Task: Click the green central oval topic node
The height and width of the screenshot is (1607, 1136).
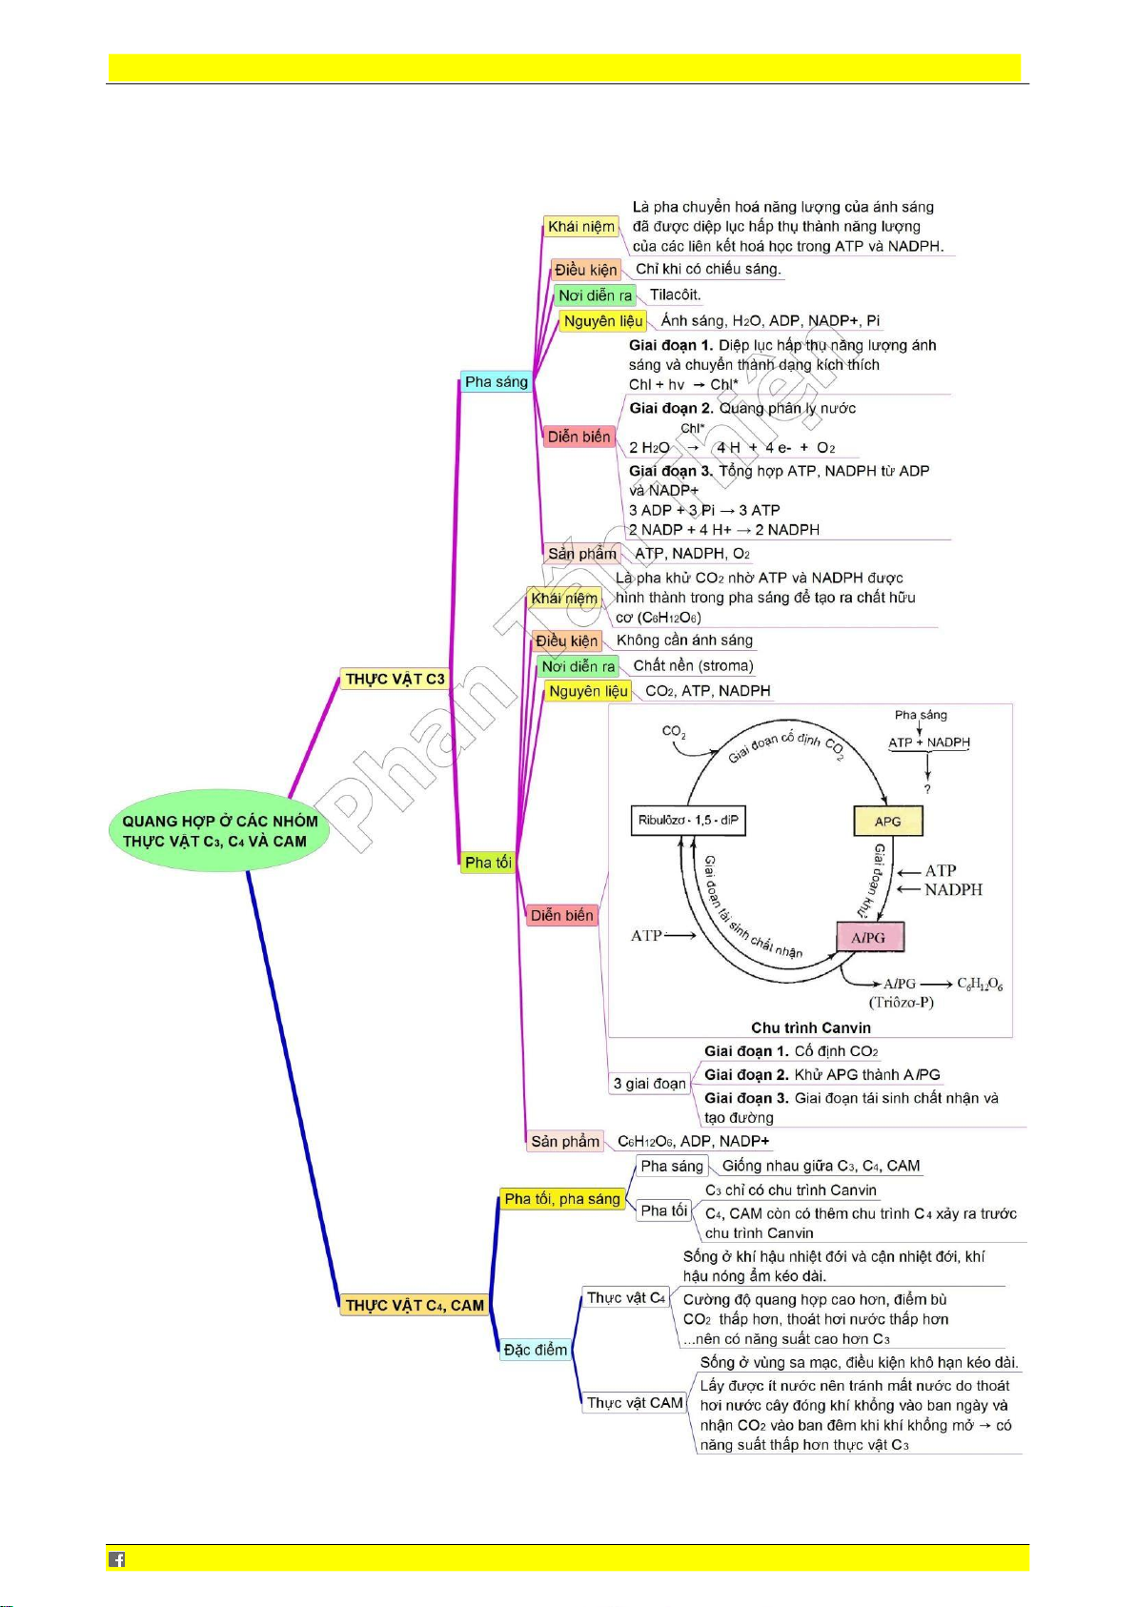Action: [220, 830]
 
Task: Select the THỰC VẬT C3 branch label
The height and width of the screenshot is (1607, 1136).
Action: [395, 679]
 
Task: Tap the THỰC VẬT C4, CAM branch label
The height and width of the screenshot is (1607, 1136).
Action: [415, 1305]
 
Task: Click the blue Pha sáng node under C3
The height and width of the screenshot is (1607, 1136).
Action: [496, 381]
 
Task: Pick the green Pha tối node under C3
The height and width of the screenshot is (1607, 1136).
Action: [488, 862]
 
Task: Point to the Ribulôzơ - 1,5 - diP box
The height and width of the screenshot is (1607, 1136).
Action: [688, 821]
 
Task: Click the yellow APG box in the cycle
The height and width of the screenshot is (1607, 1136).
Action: [887, 821]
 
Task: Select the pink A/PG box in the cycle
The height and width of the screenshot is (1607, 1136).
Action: [869, 937]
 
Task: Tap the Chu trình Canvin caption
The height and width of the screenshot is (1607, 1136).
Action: [811, 1027]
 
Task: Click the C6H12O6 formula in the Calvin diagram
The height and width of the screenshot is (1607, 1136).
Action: [980, 983]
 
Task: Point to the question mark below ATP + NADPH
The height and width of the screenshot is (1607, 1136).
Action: [927, 789]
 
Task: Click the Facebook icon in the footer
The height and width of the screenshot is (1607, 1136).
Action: [116, 1558]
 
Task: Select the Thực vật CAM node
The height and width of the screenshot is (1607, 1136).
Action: [635, 1402]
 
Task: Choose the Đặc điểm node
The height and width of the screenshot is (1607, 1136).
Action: [536, 1349]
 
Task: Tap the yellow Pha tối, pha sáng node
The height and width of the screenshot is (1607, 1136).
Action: [562, 1198]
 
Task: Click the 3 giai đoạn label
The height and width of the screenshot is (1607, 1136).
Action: [649, 1083]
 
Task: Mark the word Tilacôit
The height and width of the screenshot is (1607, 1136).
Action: [675, 295]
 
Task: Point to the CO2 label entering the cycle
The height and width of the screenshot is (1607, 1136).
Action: [674, 732]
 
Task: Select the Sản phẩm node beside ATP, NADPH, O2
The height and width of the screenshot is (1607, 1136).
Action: [582, 553]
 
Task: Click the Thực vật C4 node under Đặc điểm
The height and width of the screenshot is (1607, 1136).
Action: [626, 1297]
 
